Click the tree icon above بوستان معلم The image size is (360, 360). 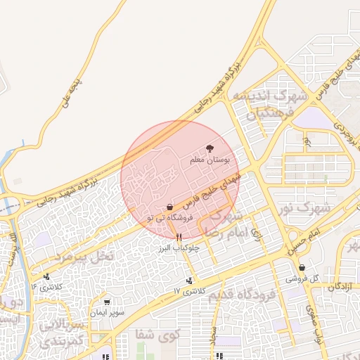point(210,148)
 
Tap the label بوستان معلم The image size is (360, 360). point(210,160)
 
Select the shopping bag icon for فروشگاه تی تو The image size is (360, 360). point(169,207)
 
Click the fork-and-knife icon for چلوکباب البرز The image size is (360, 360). point(180,237)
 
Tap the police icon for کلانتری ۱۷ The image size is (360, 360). point(189,281)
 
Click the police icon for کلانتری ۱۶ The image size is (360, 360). point(46,277)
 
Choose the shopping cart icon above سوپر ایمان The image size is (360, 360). point(107,302)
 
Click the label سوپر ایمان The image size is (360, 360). point(108,312)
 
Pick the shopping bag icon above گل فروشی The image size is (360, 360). point(302,267)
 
